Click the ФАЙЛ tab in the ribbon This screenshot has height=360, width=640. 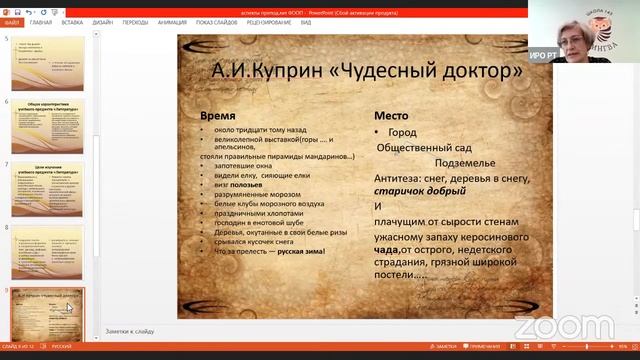pyautogui.click(x=12, y=21)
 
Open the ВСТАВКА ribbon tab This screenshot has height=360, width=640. pyautogui.click(x=72, y=21)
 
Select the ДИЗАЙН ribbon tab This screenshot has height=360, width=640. pyautogui.click(x=103, y=21)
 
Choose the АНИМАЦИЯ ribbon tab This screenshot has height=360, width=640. pyautogui.click(x=171, y=21)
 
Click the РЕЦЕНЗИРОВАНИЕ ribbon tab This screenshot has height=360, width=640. pyautogui.click(x=269, y=21)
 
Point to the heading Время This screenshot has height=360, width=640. pyautogui.click(x=219, y=115)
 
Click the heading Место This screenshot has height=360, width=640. pyautogui.click(x=391, y=115)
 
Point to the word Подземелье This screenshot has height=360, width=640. pyautogui.click(x=465, y=162)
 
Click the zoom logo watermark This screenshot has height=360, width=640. pyautogui.click(x=549, y=326)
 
